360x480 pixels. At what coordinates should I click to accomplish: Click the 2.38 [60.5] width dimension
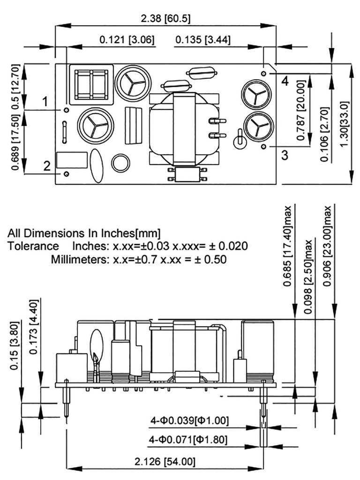[x=165, y=19]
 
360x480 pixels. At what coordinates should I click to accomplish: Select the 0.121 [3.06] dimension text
[x=127, y=40]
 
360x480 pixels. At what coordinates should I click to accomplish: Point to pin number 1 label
[x=45, y=101]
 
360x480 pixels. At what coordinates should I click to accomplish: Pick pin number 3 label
[x=285, y=155]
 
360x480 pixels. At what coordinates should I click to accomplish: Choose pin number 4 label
[x=285, y=81]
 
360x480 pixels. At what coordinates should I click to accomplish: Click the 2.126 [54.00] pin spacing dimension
[x=165, y=462]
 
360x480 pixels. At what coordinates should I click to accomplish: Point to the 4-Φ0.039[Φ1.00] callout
[x=189, y=421]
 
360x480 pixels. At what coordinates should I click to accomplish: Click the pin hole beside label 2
[x=67, y=174]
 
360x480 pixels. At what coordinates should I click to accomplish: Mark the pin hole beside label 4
[x=264, y=74]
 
